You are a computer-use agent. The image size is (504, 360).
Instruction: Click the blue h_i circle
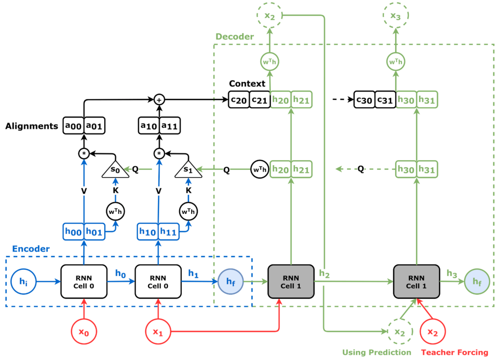(23, 282)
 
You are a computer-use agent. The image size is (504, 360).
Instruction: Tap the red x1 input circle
(157, 331)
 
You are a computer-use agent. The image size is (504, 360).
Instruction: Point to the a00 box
(74, 126)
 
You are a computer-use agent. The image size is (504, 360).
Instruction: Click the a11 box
(169, 126)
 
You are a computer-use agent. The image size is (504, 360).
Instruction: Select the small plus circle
(159, 100)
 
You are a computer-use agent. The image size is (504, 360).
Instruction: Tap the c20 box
(239, 100)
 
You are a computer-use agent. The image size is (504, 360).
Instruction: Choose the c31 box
(385, 100)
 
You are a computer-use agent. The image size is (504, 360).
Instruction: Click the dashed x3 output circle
(396, 15)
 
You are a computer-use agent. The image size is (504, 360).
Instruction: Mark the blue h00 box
(73, 231)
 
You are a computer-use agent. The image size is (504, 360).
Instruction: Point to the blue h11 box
(169, 231)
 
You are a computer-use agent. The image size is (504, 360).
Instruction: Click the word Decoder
(235, 37)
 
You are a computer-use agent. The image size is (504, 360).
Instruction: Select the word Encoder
(31, 249)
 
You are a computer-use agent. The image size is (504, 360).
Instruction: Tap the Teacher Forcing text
(454, 352)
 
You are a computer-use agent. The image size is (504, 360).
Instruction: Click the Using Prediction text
(377, 352)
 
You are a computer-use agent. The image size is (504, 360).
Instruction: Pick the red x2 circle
(432, 331)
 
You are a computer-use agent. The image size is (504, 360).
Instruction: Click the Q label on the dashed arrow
(361, 169)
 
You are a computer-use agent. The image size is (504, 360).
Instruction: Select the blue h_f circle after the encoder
(230, 282)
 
